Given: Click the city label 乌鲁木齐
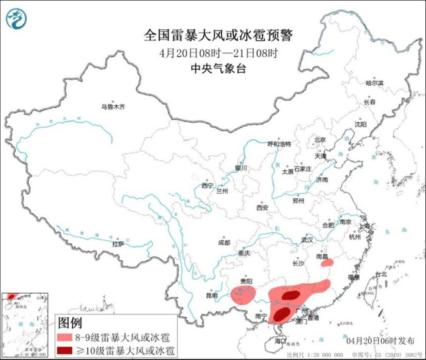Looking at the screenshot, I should pos(113,107).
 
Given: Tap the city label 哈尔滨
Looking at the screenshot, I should pos(374,83).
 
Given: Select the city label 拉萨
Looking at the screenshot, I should pos(117,244).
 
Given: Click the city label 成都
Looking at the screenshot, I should pos(223,243).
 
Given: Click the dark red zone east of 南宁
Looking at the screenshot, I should pos(281,314).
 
